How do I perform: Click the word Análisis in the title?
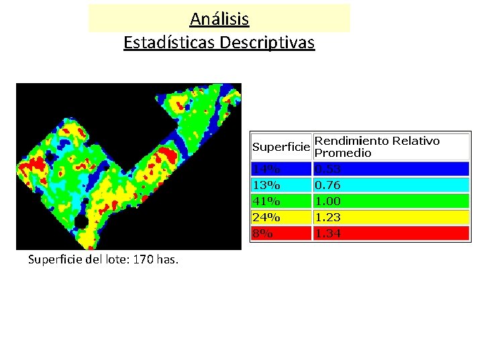[x=219, y=19]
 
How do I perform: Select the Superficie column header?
[x=280, y=146]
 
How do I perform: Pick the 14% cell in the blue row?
[x=266, y=169]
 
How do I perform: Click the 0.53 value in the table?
[x=327, y=169]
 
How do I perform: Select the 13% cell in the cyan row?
[x=266, y=185]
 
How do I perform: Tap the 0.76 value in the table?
[x=327, y=185]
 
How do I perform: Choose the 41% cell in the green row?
[x=266, y=201]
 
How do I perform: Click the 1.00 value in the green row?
[x=327, y=201]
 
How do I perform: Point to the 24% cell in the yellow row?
[x=266, y=217]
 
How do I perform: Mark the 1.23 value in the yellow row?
[x=327, y=217]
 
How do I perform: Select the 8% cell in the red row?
[x=263, y=233]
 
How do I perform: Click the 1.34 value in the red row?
[x=327, y=233]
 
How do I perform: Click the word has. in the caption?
[x=168, y=259]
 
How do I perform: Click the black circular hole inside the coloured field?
[x=81, y=221]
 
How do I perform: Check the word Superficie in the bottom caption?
[x=51, y=259]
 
